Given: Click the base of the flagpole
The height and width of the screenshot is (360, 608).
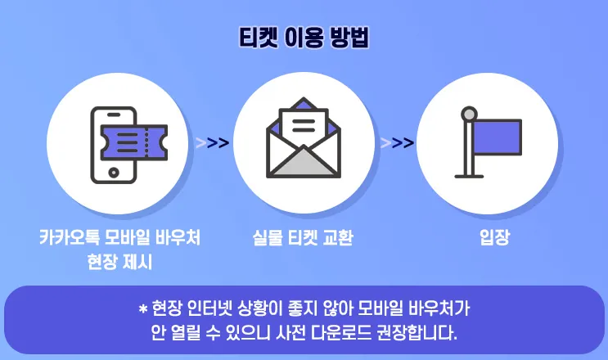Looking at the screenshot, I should (469, 173).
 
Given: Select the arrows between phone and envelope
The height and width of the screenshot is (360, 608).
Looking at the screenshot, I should (212, 143).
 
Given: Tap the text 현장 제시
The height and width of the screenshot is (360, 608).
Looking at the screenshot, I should (119, 262).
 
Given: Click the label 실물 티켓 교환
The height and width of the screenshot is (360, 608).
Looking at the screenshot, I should (304, 238).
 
